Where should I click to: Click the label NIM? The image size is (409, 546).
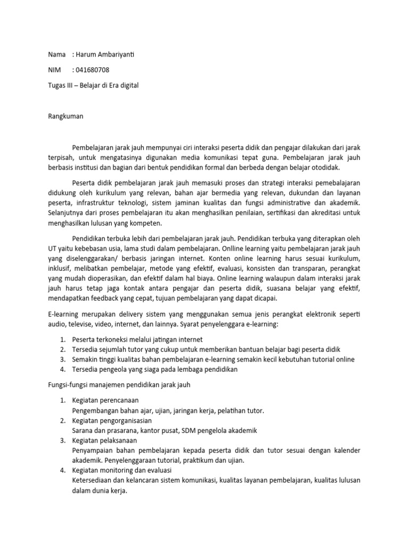(x=54, y=70)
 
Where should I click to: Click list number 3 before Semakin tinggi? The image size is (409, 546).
(x=62, y=359)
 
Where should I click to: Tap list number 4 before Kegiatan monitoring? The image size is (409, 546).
(x=62, y=470)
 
